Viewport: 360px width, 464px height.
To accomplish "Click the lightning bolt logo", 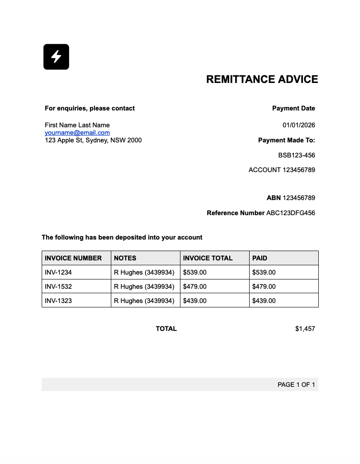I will tap(56, 57).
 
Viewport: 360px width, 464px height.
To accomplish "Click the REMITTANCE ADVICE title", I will tap(262, 79).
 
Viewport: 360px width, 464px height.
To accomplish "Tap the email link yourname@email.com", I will tap(77, 133).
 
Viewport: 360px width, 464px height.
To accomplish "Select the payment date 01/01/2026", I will tap(299, 125).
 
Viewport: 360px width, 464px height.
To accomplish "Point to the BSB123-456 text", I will tap(297, 155).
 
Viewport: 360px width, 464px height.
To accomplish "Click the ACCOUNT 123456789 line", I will tap(282, 170).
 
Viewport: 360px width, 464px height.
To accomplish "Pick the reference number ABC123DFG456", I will tap(290, 213).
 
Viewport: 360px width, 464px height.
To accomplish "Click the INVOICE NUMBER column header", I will tap(73, 258).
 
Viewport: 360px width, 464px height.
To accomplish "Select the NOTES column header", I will tap(125, 258).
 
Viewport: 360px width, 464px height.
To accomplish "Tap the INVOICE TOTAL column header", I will tap(207, 258).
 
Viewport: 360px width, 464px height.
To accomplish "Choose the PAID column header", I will tap(260, 258).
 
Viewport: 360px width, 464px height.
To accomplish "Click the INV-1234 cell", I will tap(58, 272).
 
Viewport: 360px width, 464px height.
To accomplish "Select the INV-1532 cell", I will tap(58, 287).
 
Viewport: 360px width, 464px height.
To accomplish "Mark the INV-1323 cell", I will tap(58, 301).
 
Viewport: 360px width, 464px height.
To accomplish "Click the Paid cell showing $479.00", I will tap(264, 287).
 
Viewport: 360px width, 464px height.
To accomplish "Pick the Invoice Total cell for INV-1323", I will tap(195, 301).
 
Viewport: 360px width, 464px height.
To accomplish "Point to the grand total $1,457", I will tap(305, 329).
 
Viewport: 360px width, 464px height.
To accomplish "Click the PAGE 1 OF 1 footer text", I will tap(296, 385).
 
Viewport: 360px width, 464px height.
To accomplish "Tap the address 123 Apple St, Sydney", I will tap(93, 140).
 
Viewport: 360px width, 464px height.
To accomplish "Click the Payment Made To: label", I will tap(286, 140).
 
